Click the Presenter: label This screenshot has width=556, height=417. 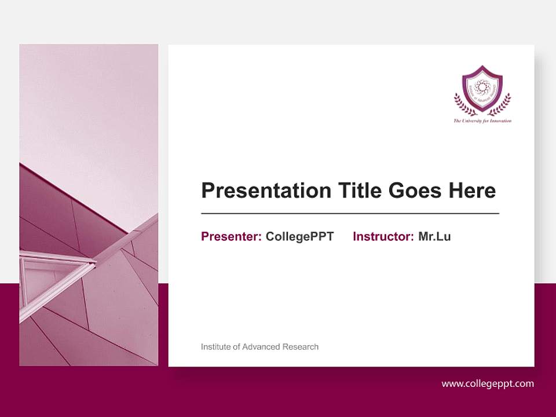231,236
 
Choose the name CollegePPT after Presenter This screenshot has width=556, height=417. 299,236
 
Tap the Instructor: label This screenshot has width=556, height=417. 383,236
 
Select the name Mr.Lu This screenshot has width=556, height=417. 434,236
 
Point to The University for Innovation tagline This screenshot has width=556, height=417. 482,121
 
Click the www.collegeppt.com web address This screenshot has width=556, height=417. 488,383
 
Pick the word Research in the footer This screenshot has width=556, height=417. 301,347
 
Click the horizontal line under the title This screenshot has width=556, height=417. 350,214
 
